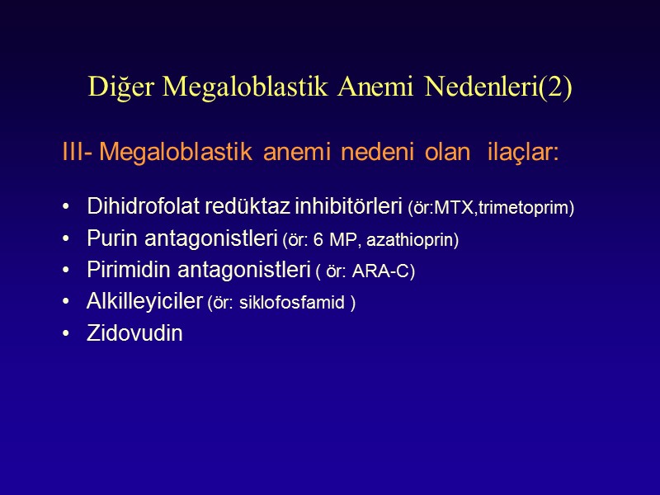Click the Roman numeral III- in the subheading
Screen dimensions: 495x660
[x=77, y=153]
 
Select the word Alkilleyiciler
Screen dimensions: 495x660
[x=144, y=302]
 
